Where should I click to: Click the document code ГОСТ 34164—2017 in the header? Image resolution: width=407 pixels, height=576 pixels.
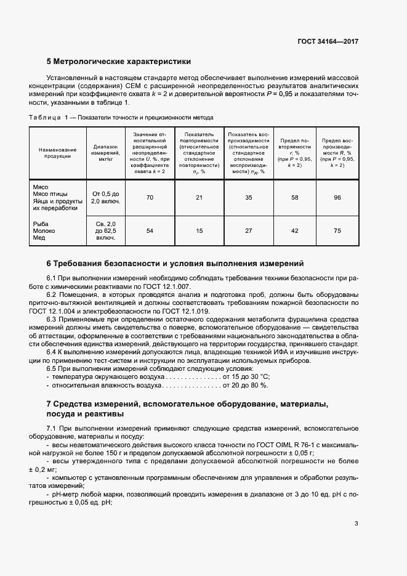[x=328, y=41]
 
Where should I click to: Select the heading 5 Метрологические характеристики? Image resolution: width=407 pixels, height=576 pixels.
[x=119, y=62]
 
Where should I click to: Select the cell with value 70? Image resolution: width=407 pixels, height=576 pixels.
[x=150, y=197]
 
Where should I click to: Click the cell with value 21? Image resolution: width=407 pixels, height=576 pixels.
[x=198, y=197]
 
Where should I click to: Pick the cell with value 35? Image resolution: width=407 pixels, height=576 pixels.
[x=249, y=197]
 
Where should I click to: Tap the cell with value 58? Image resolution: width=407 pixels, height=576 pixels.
[x=295, y=197]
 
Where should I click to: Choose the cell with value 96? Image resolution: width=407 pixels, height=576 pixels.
[x=337, y=197]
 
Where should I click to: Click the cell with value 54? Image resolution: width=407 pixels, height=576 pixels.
[x=150, y=231]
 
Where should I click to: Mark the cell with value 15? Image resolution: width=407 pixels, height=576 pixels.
[x=198, y=231]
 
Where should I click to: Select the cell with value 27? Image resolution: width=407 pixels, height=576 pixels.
[x=249, y=231]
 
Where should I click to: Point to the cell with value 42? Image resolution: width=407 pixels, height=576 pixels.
[x=295, y=231]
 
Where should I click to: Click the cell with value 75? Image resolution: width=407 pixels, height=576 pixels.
[x=337, y=231]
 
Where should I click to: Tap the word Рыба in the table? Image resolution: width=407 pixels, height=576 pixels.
[x=40, y=224]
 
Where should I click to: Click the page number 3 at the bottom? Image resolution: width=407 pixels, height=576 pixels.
[x=356, y=524]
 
